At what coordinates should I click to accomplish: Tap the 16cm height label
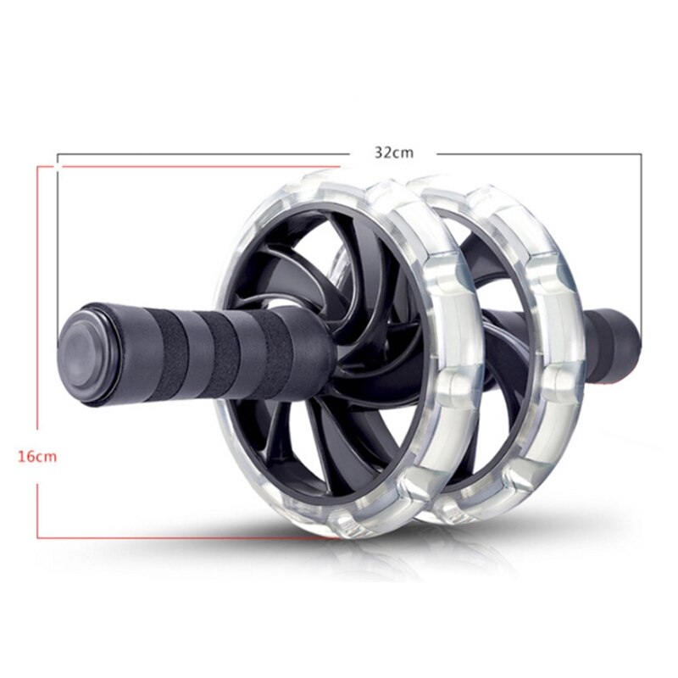click(37, 457)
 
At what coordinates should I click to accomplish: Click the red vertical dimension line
click(38, 339)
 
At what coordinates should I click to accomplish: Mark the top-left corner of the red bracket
click(38, 166)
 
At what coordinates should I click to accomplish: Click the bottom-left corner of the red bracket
click(38, 537)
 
